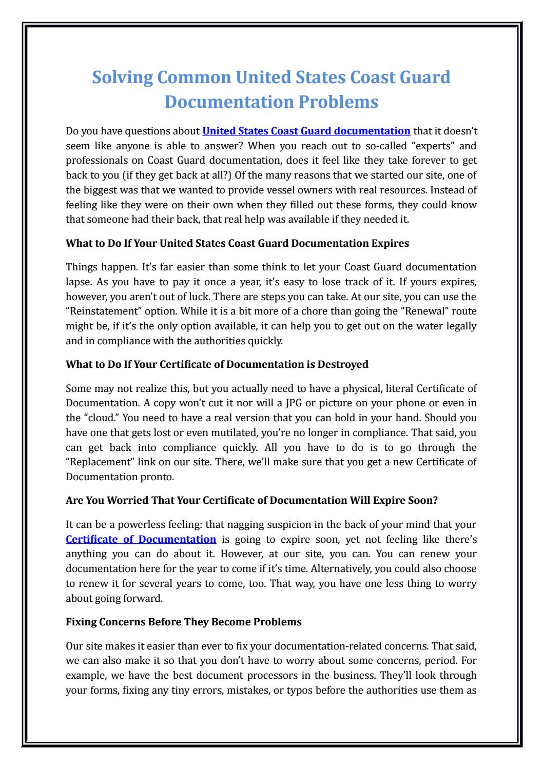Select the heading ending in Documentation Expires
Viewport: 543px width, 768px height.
tap(238, 243)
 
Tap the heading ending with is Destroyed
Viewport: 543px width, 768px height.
tap(217, 364)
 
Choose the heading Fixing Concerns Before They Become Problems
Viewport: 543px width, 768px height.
tap(184, 622)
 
